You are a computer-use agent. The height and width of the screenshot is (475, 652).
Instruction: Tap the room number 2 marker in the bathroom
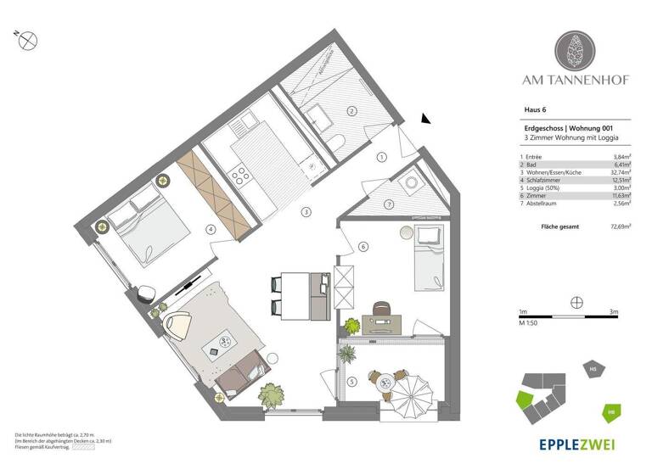pos(350,111)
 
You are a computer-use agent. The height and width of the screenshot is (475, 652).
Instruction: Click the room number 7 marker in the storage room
pos(389,204)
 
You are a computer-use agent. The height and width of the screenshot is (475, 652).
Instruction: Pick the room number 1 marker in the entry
pos(383,157)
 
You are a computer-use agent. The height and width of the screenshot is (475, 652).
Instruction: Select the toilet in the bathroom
pos(337,143)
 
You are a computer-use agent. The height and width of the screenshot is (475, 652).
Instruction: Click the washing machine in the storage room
pos(414,182)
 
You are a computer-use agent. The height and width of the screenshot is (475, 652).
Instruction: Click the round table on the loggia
pos(385,384)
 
